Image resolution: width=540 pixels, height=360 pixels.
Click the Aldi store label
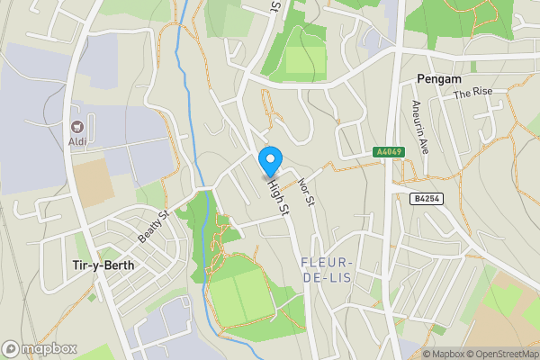(76, 142)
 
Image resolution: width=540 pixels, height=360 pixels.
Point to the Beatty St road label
(154, 226)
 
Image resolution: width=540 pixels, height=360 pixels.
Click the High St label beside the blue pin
(277, 195)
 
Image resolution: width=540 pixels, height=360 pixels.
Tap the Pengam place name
(440, 79)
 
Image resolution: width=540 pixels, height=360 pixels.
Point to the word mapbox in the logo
(49, 349)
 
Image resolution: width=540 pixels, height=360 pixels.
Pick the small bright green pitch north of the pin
(303, 61)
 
